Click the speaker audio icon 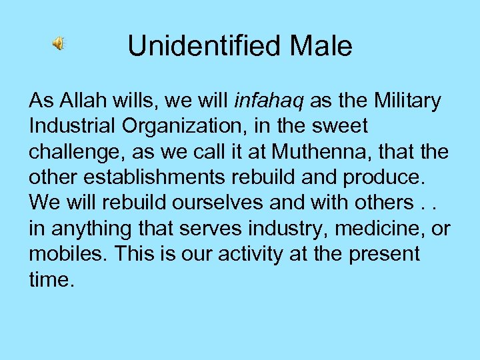pos(59,45)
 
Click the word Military pos(408,101)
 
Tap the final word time pos(49,279)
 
